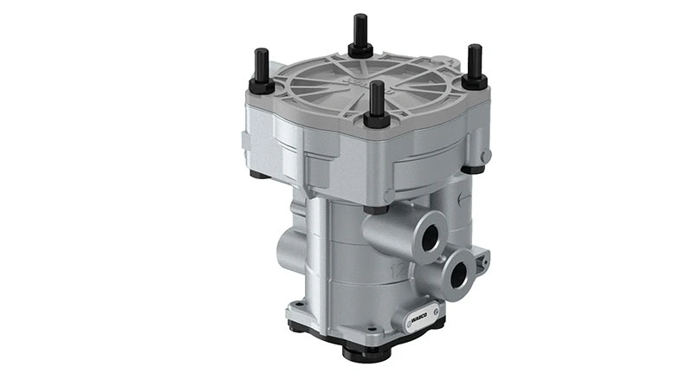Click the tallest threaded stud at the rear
click(x=359, y=30)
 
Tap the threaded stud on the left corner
click(x=259, y=66)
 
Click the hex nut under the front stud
click(x=376, y=119)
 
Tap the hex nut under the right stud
click(x=474, y=81)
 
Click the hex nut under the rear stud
click(x=360, y=50)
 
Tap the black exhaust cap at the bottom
click(x=364, y=351)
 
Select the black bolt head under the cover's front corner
click(x=375, y=209)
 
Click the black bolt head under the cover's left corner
click(x=258, y=174)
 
